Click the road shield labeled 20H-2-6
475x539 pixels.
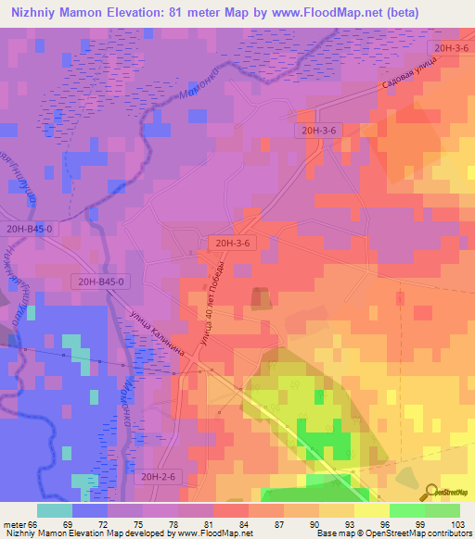(x=159, y=475)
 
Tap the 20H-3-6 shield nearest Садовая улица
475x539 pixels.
(x=448, y=47)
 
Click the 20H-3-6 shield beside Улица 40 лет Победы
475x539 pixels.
(x=231, y=243)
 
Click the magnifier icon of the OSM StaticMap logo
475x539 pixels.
(x=430, y=492)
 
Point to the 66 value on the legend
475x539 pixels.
(x=35, y=523)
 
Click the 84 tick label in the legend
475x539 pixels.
(x=246, y=523)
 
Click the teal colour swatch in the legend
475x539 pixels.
(x=55, y=510)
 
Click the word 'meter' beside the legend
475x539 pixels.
(x=15, y=523)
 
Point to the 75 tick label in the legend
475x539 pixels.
(x=141, y=523)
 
